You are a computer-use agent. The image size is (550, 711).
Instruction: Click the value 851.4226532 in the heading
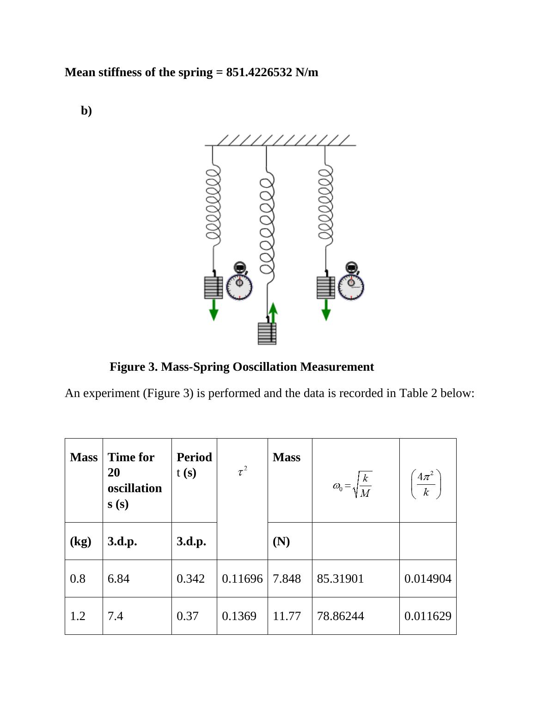(x=259, y=72)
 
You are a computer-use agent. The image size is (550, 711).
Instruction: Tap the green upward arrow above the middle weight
(x=273, y=313)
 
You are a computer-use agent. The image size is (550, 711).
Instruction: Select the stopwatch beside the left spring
(x=239, y=283)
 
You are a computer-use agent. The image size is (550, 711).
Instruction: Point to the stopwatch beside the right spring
(x=351, y=283)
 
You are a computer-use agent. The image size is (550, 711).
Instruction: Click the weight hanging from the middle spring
(x=267, y=333)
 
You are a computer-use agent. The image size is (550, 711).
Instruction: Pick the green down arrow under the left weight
(x=214, y=310)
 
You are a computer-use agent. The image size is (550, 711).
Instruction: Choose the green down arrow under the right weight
(x=326, y=310)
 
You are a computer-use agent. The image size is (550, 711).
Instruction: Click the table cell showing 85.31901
(x=340, y=578)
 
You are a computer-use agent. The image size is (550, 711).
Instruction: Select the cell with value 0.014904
(x=428, y=578)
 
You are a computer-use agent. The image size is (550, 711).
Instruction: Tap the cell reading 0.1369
(x=239, y=616)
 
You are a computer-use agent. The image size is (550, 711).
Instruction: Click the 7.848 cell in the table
(x=287, y=578)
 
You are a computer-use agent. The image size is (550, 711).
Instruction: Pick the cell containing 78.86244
(x=340, y=616)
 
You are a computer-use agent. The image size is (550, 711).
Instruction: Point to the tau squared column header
(x=242, y=471)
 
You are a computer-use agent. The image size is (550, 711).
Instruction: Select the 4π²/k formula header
(x=426, y=484)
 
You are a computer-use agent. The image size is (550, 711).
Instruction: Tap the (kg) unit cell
(x=80, y=541)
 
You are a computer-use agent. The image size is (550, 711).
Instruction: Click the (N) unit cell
(x=281, y=541)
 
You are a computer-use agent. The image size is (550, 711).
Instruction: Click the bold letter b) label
(x=86, y=111)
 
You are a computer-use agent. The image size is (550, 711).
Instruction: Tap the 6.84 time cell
(x=118, y=578)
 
